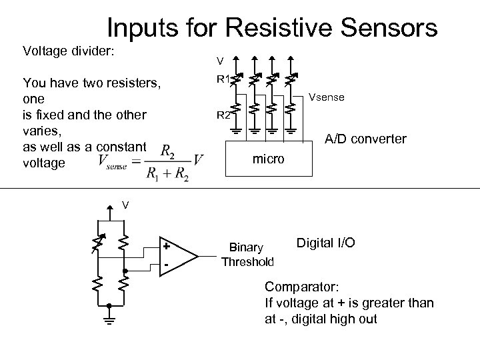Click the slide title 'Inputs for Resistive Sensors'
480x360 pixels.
coord(272,27)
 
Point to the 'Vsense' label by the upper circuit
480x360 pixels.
coord(327,97)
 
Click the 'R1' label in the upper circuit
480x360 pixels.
coord(223,79)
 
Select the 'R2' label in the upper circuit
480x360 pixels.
coord(223,115)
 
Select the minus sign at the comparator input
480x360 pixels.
coord(166,266)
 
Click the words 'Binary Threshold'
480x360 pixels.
coord(247,255)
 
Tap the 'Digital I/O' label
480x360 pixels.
coord(325,244)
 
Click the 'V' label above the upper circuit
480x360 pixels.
coord(219,62)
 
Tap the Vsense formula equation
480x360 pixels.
coord(150,162)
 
